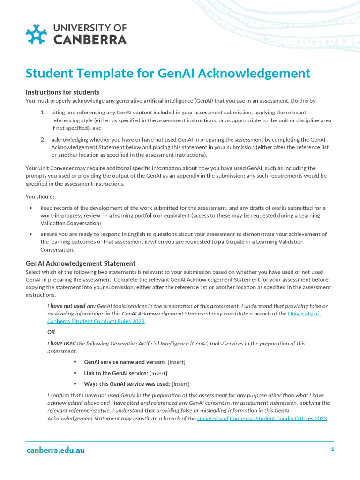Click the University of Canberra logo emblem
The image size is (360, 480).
coord(37,34)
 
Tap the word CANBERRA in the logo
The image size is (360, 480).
coord(90,40)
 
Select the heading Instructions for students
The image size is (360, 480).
coord(62,92)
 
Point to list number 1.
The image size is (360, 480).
coord(43,112)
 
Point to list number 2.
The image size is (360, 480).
coord(43,139)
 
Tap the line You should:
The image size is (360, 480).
coord(40,196)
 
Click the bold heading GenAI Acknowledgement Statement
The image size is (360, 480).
coord(80,263)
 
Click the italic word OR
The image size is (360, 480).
coord(51,332)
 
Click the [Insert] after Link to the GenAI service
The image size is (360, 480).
coord(158,373)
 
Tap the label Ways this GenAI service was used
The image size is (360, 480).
coord(127,383)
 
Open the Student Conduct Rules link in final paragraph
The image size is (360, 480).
coord(278,418)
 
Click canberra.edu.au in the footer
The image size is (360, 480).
coord(55,450)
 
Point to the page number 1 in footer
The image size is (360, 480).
coord(332,449)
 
